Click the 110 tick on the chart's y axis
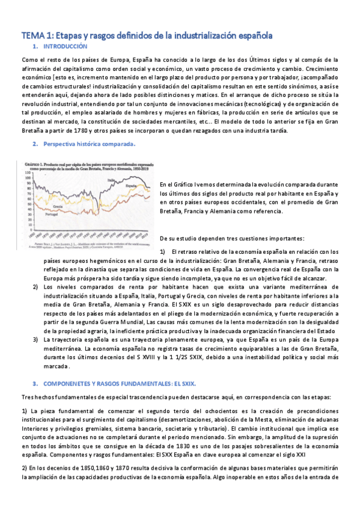tap(27, 173)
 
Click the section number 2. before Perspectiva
tap(36, 144)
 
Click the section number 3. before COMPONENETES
tap(36, 382)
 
